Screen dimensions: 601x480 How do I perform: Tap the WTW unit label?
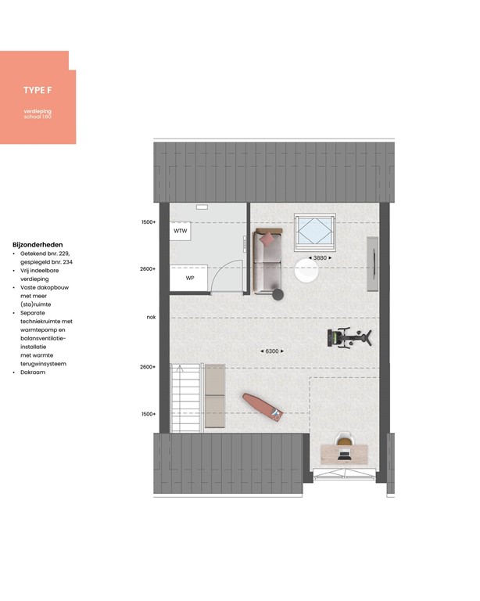(x=181, y=232)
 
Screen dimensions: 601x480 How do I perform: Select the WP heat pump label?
(x=190, y=278)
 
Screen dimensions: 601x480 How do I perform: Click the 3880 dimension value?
(x=321, y=257)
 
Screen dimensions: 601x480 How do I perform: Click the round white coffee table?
(x=307, y=272)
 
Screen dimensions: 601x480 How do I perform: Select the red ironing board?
(x=261, y=405)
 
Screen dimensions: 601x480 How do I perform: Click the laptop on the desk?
(x=344, y=454)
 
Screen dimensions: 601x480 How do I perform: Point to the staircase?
(x=185, y=399)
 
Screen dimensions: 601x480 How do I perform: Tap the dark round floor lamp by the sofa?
(x=278, y=294)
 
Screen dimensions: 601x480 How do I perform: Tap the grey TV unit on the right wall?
(x=373, y=257)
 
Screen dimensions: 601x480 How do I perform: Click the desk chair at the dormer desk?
(x=343, y=440)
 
